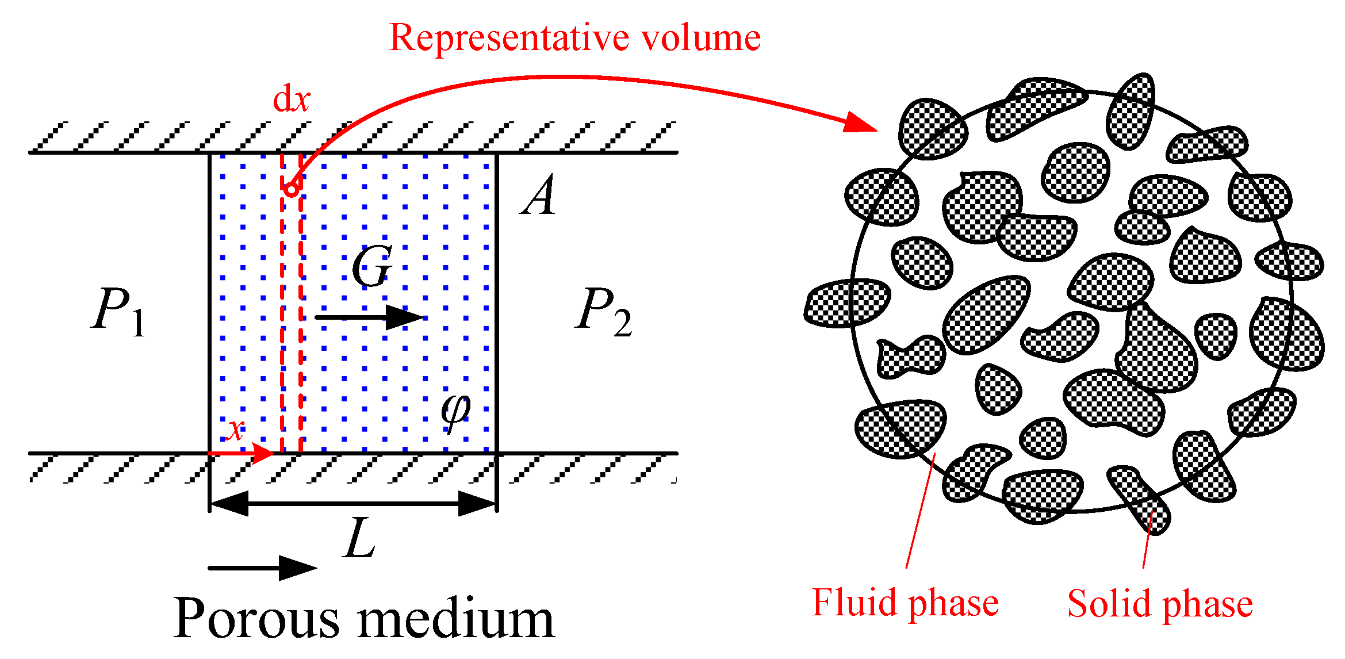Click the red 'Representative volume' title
[574, 38]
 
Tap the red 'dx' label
[291, 99]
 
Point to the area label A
[539, 196]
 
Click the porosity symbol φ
[455, 409]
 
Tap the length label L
[360, 538]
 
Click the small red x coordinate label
[235, 429]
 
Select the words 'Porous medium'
[364, 618]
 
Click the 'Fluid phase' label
[905, 603]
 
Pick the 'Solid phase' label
[1160, 604]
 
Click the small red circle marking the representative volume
[292, 189]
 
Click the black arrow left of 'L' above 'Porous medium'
[262, 568]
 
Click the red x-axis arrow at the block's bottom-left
[242, 453]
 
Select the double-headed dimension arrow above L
[353, 504]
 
